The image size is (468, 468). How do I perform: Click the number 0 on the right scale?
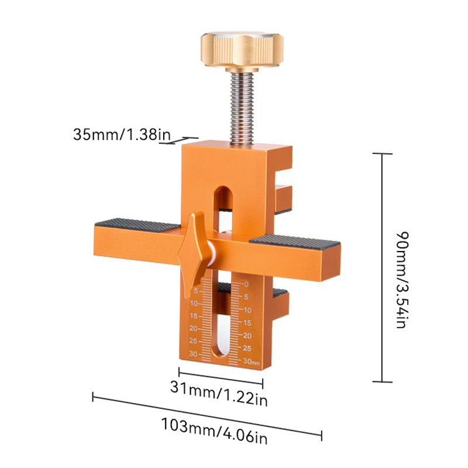coord(247,285)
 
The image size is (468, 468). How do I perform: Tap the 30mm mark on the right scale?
coord(250,362)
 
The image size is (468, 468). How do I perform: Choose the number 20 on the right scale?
coord(247,335)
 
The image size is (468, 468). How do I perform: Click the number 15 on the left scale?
coord(193,316)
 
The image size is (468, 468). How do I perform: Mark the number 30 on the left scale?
coord(192,355)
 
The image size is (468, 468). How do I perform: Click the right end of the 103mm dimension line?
coord(321,435)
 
